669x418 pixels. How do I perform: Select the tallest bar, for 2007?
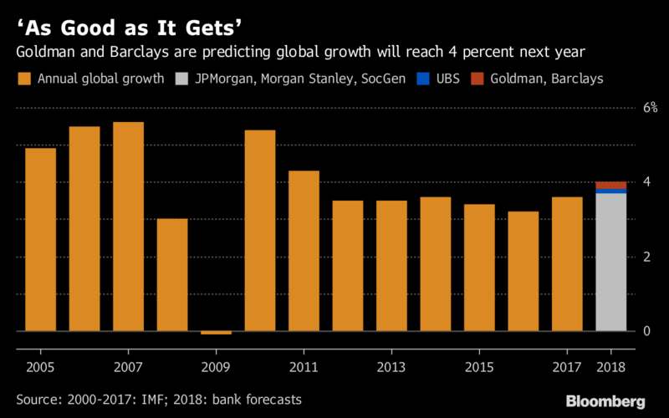(128, 227)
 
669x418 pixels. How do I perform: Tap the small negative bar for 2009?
(216, 333)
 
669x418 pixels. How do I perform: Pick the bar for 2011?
(304, 251)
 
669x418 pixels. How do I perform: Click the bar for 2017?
(567, 264)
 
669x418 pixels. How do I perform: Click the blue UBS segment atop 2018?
(610, 191)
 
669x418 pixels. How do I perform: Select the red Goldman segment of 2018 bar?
(610, 185)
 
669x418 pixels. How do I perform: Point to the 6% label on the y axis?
(650, 107)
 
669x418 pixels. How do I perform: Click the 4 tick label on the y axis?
(646, 182)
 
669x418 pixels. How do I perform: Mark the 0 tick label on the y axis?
(646, 331)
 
